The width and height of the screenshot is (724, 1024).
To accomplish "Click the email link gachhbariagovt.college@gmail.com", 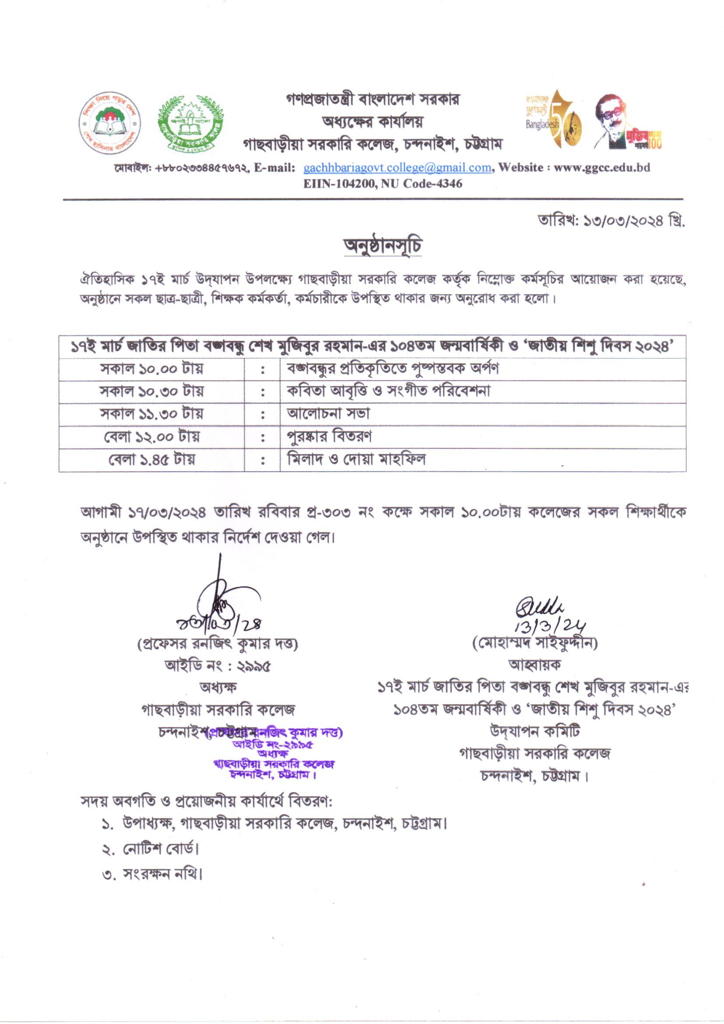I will (x=397, y=168).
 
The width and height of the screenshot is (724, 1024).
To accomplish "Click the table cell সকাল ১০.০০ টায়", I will (x=151, y=369).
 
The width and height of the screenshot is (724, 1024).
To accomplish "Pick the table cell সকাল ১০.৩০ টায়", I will (x=151, y=392).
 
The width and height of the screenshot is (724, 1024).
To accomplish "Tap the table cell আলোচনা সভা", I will (x=329, y=414).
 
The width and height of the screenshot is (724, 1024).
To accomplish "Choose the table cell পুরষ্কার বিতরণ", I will (x=330, y=437).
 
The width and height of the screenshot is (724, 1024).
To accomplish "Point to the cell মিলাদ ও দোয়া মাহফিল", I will (x=356, y=459).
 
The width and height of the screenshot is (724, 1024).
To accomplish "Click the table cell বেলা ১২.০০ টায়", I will (x=151, y=437).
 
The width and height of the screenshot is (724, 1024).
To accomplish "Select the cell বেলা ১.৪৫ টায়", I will (x=151, y=459).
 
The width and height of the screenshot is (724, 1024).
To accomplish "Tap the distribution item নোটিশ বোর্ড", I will (x=160, y=849).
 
